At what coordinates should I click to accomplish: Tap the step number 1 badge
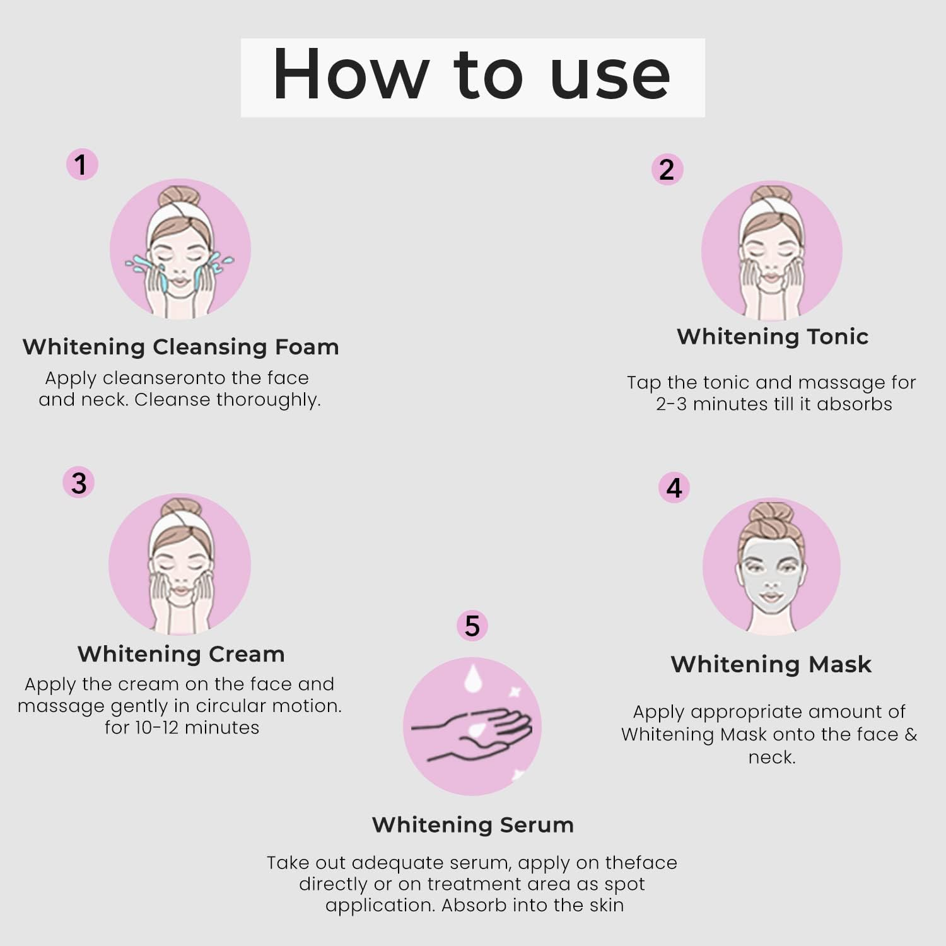click(x=81, y=165)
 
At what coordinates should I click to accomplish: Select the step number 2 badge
click(x=667, y=170)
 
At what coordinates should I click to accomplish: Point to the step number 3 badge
click(x=79, y=483)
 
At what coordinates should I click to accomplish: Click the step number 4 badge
click(x=674, y=488)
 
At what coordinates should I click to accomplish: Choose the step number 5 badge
click(x=472, y=626)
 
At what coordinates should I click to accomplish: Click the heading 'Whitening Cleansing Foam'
click(x=180, y=347)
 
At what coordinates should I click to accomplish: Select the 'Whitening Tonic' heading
click(x=773, y=337)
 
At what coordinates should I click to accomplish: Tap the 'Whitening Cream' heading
click(x=181, y=654)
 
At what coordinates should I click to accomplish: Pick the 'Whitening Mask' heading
click(x=771, y=664)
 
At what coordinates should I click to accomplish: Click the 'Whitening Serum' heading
click(x=473, y=825)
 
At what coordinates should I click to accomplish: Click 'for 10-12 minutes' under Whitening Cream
click(x=182, y=728)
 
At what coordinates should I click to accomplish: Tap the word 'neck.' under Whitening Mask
click(x=772, y=757)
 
